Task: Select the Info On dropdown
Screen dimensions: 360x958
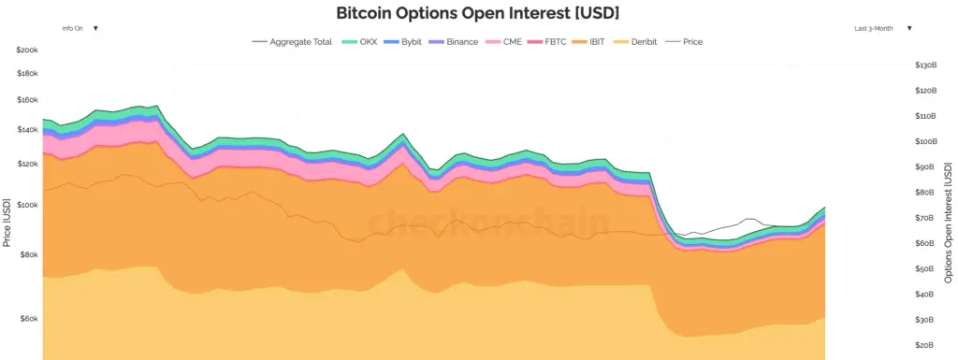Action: pos(80,28)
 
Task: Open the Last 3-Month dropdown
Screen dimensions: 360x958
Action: pos(882,28)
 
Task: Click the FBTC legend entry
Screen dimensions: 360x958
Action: pos(552,42)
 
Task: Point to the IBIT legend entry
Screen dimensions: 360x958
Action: pos(596,42)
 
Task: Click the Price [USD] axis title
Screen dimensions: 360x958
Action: pos(7,222)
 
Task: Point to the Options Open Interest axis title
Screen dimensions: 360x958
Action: pos(949,222)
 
